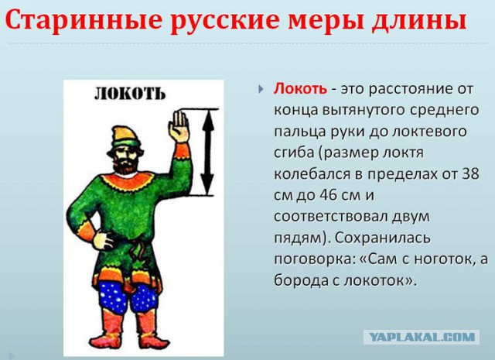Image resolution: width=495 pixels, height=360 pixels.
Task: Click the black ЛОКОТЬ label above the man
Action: pos(129,94)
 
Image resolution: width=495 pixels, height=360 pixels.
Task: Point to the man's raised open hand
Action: pos(179,126)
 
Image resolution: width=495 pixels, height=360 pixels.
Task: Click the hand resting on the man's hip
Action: pos(87,231)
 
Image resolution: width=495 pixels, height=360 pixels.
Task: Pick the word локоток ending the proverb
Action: pos(384,280)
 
